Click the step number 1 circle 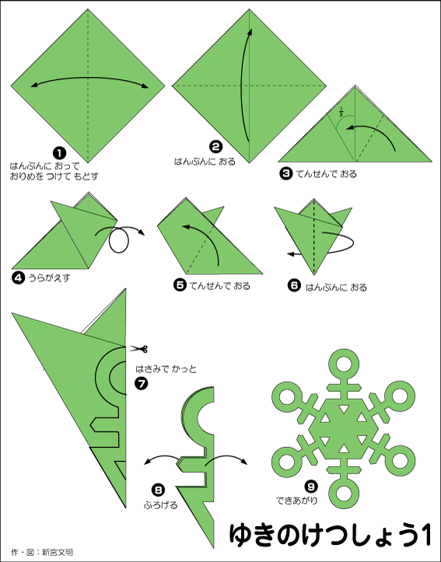[x=60, y=153]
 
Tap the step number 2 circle [x=216, y=147]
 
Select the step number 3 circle [x=285, y=174]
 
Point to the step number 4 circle [x=18, y=278]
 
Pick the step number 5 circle [x=180, y=285]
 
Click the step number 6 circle [x=294, y=285]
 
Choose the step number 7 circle [x=142, y=383]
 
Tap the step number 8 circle [x=158, y=490]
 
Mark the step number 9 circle [x=311, y=487]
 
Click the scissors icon [x=138, y=349]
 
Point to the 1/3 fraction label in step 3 [x=341, y=111]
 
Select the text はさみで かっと [x=166, y=368]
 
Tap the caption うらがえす [x=49, y=278]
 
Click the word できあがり [x=297, y=501]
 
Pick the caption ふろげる [x=161, y=505]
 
